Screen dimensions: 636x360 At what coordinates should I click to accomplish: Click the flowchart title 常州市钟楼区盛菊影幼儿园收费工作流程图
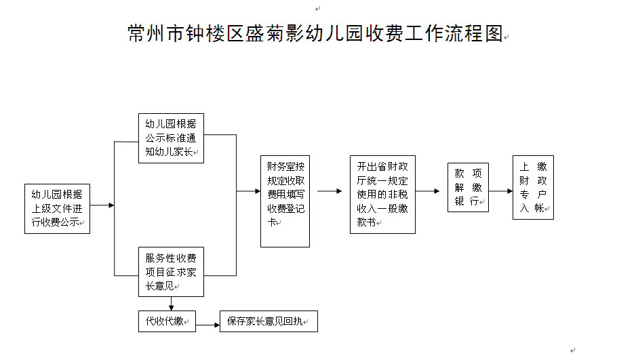(x=315, y=33)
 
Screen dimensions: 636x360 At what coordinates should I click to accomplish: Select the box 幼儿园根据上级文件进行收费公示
(x=57, y=209)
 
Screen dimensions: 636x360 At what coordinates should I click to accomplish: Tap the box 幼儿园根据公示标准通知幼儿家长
(x=171, y=138)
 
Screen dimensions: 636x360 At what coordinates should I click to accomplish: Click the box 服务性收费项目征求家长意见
(x=171, y=272)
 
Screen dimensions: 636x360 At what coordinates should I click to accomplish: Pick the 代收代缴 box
(x=167, y=321)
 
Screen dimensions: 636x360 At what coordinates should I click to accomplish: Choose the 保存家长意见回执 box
(x=269, y=321)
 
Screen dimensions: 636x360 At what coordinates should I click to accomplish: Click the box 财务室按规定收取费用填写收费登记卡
(x=285, y=201)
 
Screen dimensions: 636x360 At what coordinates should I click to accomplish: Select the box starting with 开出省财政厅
(x=383, y=195)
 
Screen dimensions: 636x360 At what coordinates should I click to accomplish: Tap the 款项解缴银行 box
(x=468, y=188)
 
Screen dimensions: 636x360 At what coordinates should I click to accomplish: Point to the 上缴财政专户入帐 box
(x=534, y=188)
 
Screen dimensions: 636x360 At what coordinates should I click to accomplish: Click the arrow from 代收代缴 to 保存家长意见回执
(x=207, y=325)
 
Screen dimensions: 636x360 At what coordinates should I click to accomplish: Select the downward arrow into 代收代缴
(x=171, y=304)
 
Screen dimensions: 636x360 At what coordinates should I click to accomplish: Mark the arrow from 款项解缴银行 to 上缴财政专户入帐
(x=500, y=191)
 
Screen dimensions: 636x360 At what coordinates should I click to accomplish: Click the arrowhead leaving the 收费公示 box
(x=112, y=205)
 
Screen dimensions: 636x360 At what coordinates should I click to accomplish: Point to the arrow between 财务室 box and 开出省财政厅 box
(x=330, y=191)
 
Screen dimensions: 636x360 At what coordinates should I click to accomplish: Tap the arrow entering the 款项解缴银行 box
(x=428, y=191)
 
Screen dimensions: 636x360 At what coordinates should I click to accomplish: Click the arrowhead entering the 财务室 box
(x=258, y=191)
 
